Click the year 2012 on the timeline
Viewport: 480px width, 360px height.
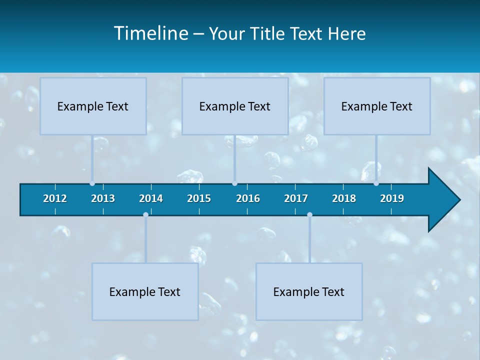[x=55, y=198]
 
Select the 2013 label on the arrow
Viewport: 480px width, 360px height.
[x=103, y=198]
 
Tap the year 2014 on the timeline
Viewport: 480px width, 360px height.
[x=151, y=198]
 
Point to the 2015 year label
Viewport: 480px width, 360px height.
[x=199, y=198]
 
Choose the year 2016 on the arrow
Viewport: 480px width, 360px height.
[x=248, y=198]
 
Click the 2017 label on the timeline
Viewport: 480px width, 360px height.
[x=296, y=198]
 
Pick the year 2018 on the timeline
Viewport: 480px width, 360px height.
[x=344, y=198]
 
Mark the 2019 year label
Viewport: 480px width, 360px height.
[x=392, y=198]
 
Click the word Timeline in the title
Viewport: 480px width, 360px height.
[x=151, y=33]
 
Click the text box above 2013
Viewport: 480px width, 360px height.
[x=93, y=106]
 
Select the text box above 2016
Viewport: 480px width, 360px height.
[x=235, y=106]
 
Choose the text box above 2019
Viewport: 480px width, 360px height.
[x=377, y=106]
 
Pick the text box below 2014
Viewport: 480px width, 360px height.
[x=145, y=291]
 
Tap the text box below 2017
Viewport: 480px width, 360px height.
[x=309, y=291]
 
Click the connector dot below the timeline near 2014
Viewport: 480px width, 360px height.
[x=145, y=215]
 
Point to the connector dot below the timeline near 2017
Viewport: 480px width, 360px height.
[x=309, y=215]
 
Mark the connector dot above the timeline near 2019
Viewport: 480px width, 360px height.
[x=376, y=183]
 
